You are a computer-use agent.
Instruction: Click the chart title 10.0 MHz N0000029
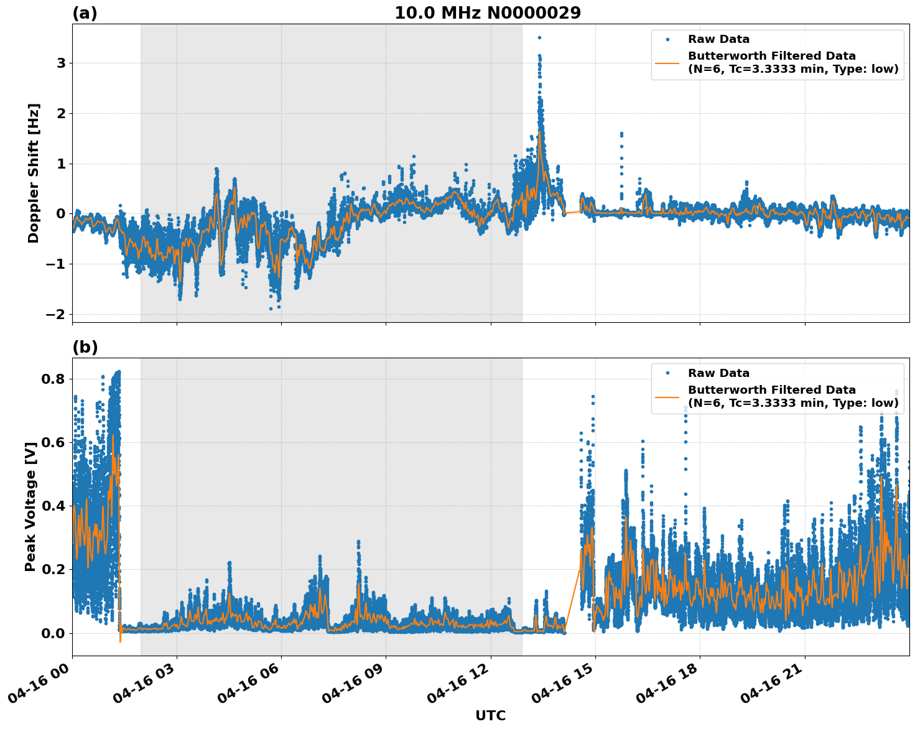coord(488,13)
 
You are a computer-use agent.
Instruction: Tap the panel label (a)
coord(85,13)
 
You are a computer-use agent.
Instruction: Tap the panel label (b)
coord(85,347)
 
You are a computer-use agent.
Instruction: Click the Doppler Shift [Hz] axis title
coord(34,173)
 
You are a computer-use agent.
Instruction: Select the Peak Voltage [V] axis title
coord(30,506)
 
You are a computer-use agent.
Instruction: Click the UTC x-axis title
coord(490,715)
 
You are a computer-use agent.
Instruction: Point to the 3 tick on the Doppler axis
coord(61,63)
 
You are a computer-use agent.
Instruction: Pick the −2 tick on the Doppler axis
coord(55,315)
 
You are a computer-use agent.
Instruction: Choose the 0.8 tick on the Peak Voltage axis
coord(55,379)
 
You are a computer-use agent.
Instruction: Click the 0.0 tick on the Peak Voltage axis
coord(55,633)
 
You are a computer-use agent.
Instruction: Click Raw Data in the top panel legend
coord(718,39)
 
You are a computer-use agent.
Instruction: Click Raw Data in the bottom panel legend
coord(718,373)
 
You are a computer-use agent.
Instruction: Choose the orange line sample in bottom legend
coord(667,396)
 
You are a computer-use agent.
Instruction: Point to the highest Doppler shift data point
coord(539,37)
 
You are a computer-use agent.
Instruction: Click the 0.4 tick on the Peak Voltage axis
coord(55,506)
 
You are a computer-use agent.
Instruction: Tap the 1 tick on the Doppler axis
coord(61,164)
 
